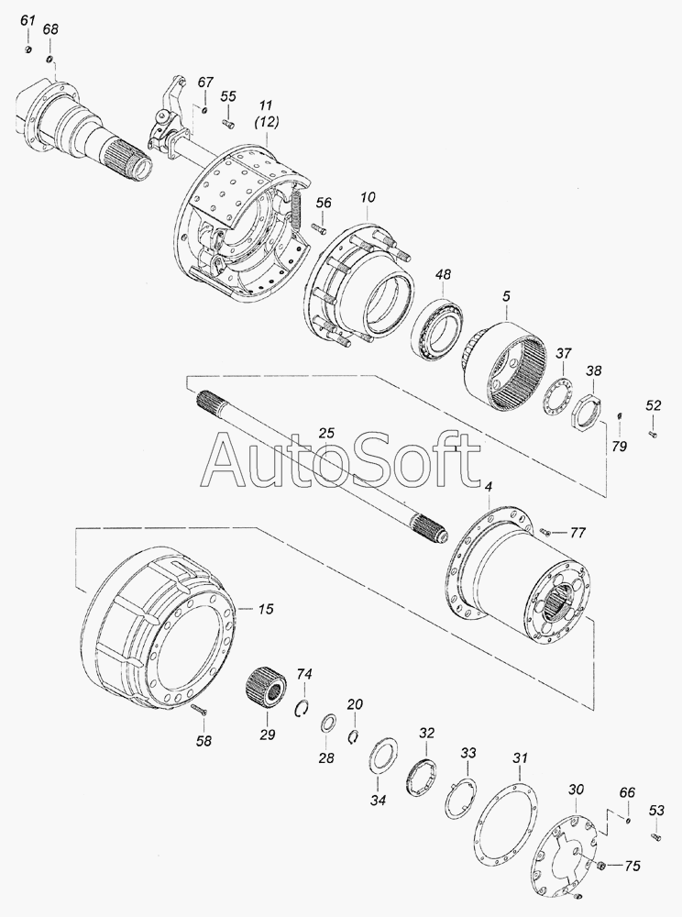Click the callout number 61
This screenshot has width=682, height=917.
[x=27, y=20]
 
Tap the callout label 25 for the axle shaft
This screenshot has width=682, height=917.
[x=326, y=434]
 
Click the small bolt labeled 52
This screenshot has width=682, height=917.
[x=654, y=434]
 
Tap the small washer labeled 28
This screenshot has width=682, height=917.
[x=326, y=723]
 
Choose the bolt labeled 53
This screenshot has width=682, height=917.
[x=655, y=837]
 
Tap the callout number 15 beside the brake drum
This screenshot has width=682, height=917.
[x=265, y=609]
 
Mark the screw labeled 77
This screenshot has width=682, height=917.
[x=544, y=532]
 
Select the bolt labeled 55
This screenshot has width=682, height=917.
[x=228, y=123]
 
